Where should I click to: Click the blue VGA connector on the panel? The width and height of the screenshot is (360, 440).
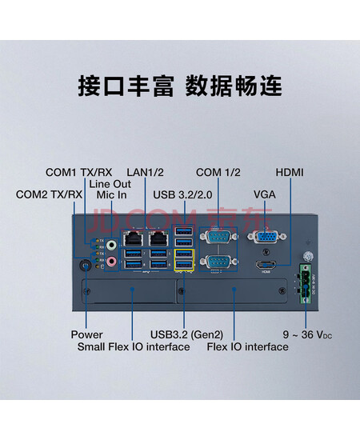click(267, 237)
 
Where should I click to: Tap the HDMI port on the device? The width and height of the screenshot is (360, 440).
click(266, 265)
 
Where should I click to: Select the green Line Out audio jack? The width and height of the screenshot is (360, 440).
click(111, 244)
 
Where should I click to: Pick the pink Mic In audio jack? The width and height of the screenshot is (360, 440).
click(111, 261)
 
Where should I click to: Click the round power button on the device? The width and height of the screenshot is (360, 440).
click(86, 265)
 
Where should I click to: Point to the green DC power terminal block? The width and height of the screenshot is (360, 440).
click(306, 283)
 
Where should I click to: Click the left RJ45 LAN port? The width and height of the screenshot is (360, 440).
click(133, 239)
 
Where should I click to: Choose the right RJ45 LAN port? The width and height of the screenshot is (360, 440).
click(159, 239)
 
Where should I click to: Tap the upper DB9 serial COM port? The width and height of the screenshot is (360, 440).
click(218, 237)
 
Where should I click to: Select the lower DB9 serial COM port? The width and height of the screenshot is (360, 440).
click(218, 262)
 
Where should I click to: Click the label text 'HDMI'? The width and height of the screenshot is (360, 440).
click(290, 172)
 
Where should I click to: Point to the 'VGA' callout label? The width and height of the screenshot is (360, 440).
click(265, 194)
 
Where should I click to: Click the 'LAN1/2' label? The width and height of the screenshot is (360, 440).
click(145, 172)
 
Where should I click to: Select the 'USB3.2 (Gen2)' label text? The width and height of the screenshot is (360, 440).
click(187, 334)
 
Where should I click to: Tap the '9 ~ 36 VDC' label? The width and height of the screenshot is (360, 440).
click(307, 334)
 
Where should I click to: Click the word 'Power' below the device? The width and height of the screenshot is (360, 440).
click(86, 334)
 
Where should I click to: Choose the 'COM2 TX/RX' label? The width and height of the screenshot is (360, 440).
click(49, 194)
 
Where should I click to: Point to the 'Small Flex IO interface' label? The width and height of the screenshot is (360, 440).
click(134, 347)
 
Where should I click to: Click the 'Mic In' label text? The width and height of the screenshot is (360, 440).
click(111, 194)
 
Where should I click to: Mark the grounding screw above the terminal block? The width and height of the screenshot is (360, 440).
click(308, 256)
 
